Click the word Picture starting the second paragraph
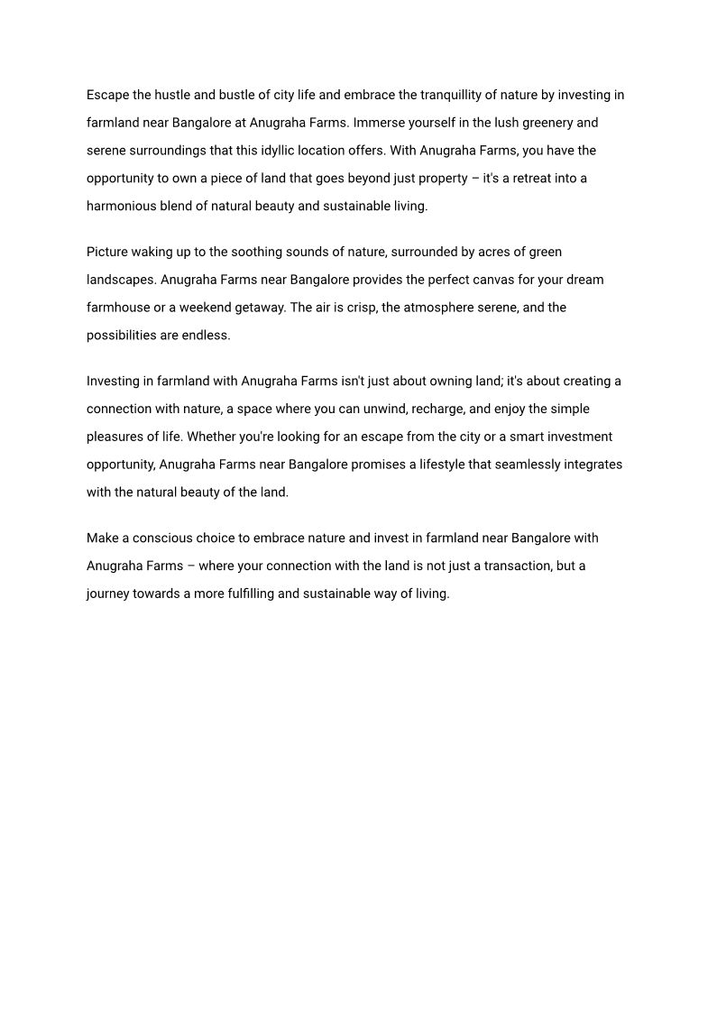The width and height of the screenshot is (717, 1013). [107, 252]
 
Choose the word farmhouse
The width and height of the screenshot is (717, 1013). [120, 308]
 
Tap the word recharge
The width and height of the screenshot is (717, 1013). [438, 409]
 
